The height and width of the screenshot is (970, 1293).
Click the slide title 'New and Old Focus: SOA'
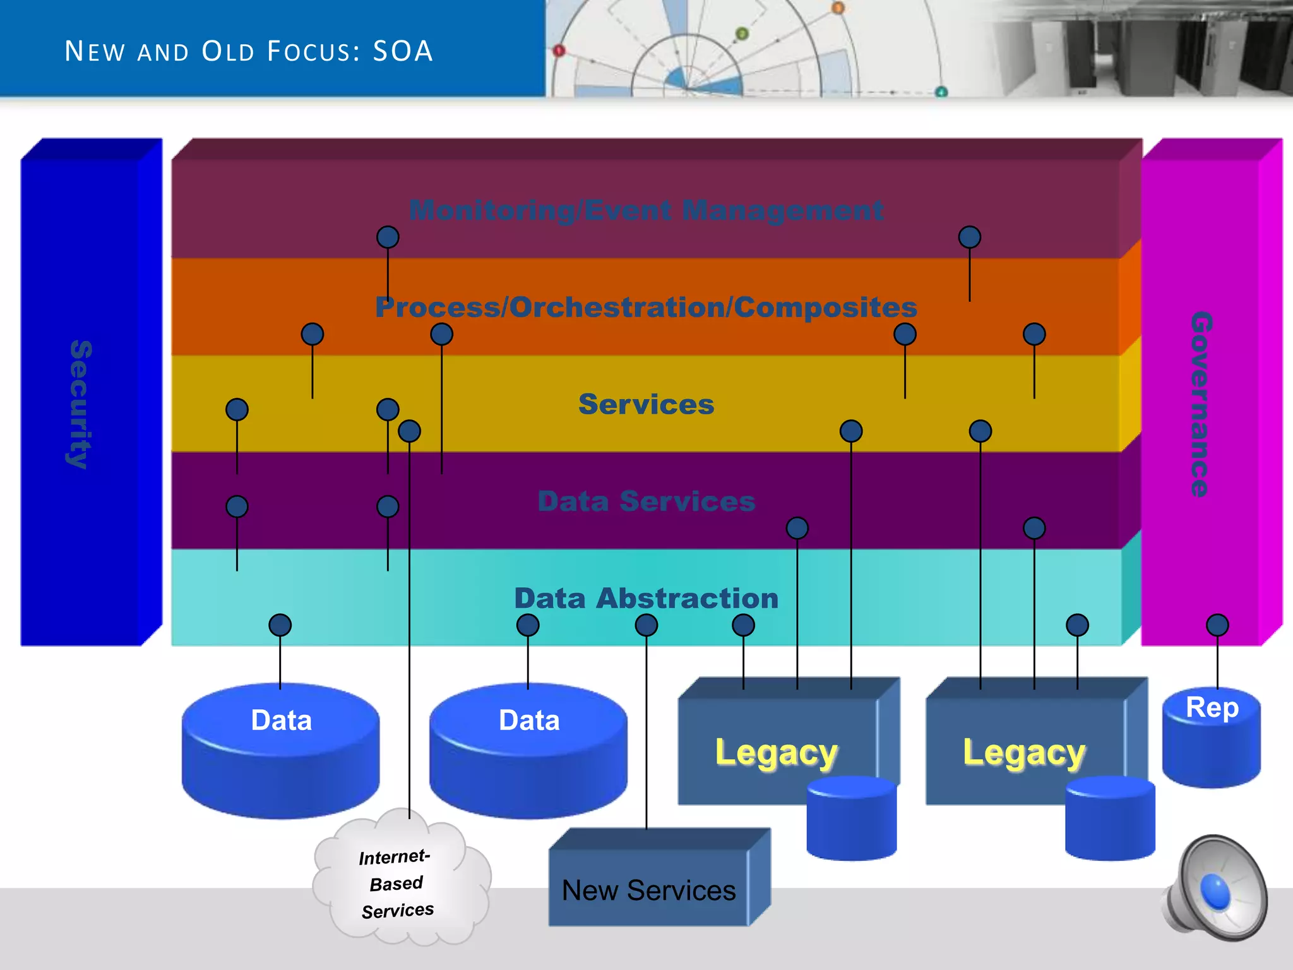pos(249,51)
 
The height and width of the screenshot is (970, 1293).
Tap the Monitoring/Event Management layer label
pos(646,210)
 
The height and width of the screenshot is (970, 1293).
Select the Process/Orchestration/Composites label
pos(646,308)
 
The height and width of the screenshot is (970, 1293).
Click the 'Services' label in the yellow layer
pos(646,404)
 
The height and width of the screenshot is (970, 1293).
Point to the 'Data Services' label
pos(646,501)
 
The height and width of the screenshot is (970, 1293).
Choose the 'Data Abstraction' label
pos(646,598)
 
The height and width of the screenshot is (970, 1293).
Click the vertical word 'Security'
pos(81,404)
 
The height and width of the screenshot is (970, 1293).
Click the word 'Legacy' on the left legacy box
pos(776,753)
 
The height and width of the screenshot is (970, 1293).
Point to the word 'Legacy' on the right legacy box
pos(1023,753)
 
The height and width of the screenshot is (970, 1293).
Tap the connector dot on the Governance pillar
pos(1217,625)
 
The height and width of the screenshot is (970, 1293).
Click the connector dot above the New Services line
pos(646,625)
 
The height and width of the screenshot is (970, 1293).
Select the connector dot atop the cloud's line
pos(409,431)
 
